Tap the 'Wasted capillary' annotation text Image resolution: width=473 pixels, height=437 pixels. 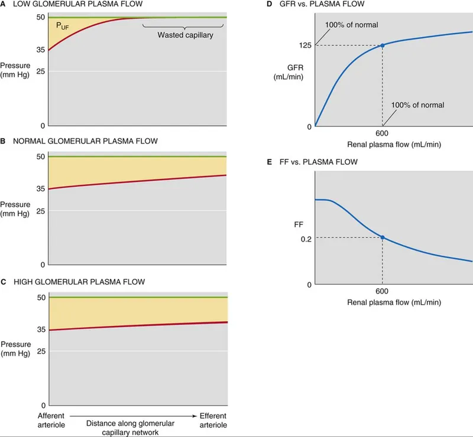185,35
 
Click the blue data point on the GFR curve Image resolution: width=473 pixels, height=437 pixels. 383,45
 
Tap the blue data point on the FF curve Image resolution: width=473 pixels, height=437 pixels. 383,237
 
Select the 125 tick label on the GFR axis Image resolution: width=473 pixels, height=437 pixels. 306,45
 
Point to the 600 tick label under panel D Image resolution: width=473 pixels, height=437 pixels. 383,134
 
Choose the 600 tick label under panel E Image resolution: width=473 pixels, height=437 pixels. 383,292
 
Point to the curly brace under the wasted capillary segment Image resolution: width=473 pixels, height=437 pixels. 184,26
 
